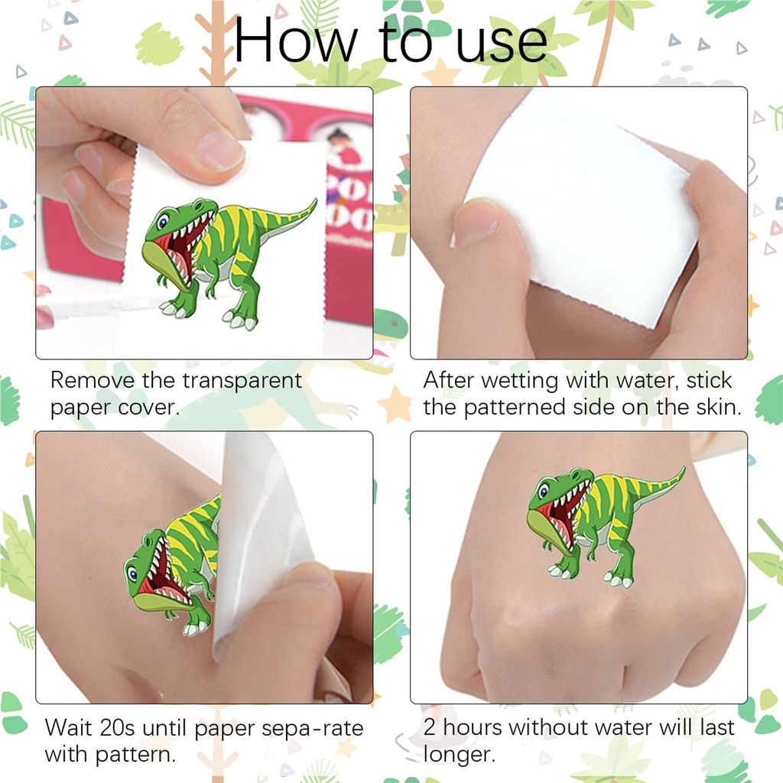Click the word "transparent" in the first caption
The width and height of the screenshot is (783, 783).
pyautogui.click(x=242, y=380)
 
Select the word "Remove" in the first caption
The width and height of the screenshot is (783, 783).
pyautogui.click(x=93, y=380)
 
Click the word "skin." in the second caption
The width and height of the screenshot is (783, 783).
pyautogui.click(x=719, y=407)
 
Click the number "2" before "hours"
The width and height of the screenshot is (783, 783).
pyautogui.click(x=430, y=728)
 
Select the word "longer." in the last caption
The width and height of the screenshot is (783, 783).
pyautogui.click(x=460, y=755)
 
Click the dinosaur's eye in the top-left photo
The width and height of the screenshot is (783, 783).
pyautogui.click(x=163, y=221)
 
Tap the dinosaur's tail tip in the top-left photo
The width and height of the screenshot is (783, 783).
pyautogui.click(x=314, y=201)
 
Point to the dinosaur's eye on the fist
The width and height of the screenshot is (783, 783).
pyautogui.click(x=543, y=490)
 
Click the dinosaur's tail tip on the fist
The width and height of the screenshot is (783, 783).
pyautogui.click(x=683, y=469)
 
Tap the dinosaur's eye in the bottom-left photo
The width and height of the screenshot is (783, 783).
pyautogui.click(x=132, y=573)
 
